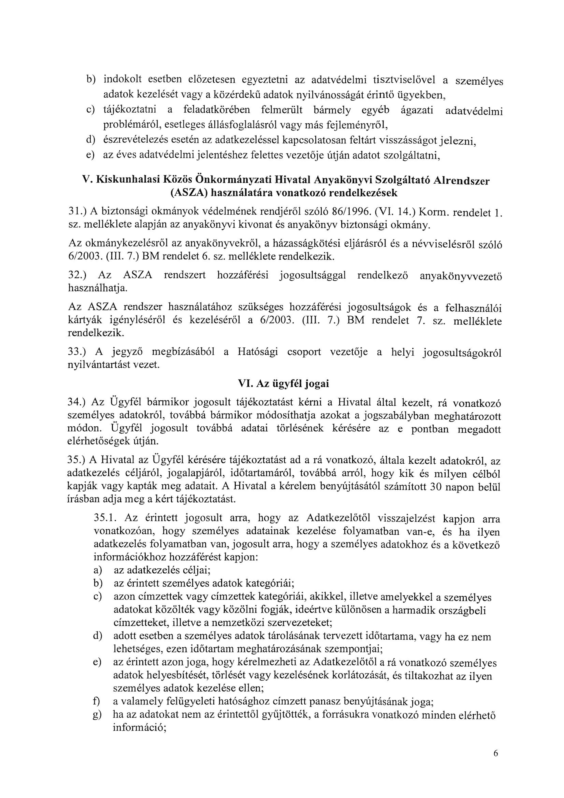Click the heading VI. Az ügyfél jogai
point(283,384)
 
